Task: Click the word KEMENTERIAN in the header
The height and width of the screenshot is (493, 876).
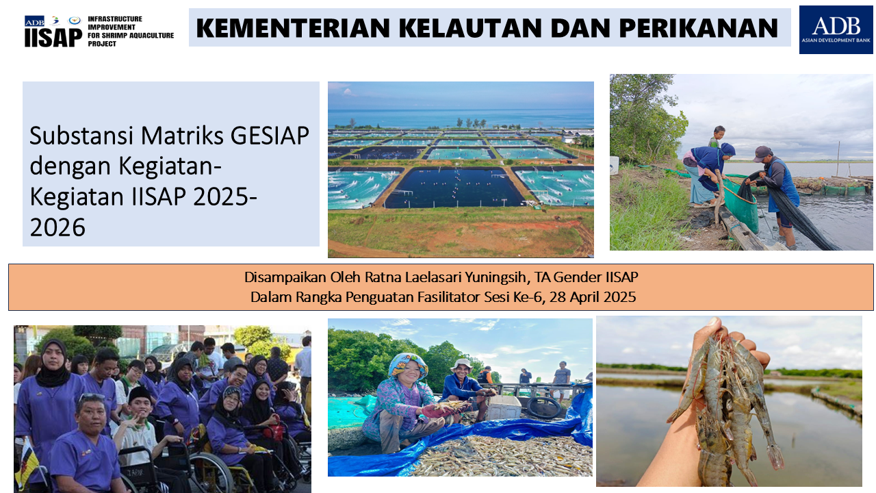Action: pos(294,28)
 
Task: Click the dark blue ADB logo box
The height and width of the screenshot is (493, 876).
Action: pos(836,29)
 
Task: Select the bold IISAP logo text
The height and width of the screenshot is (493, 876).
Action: pos(53,38)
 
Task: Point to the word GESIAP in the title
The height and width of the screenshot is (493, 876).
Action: pos(270,136)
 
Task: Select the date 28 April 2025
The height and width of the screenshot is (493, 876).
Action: pos(593,297)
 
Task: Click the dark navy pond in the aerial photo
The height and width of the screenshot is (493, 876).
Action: pos(454,187)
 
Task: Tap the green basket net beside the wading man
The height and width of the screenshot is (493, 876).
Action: pos(740,205)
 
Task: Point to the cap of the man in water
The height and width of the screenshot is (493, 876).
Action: pos(762,153)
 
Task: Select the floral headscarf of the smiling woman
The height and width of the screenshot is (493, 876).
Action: pos(407,365)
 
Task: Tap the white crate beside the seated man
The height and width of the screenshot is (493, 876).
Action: pos(504,407)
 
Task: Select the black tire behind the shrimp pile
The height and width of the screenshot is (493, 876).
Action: pos(544,407)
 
